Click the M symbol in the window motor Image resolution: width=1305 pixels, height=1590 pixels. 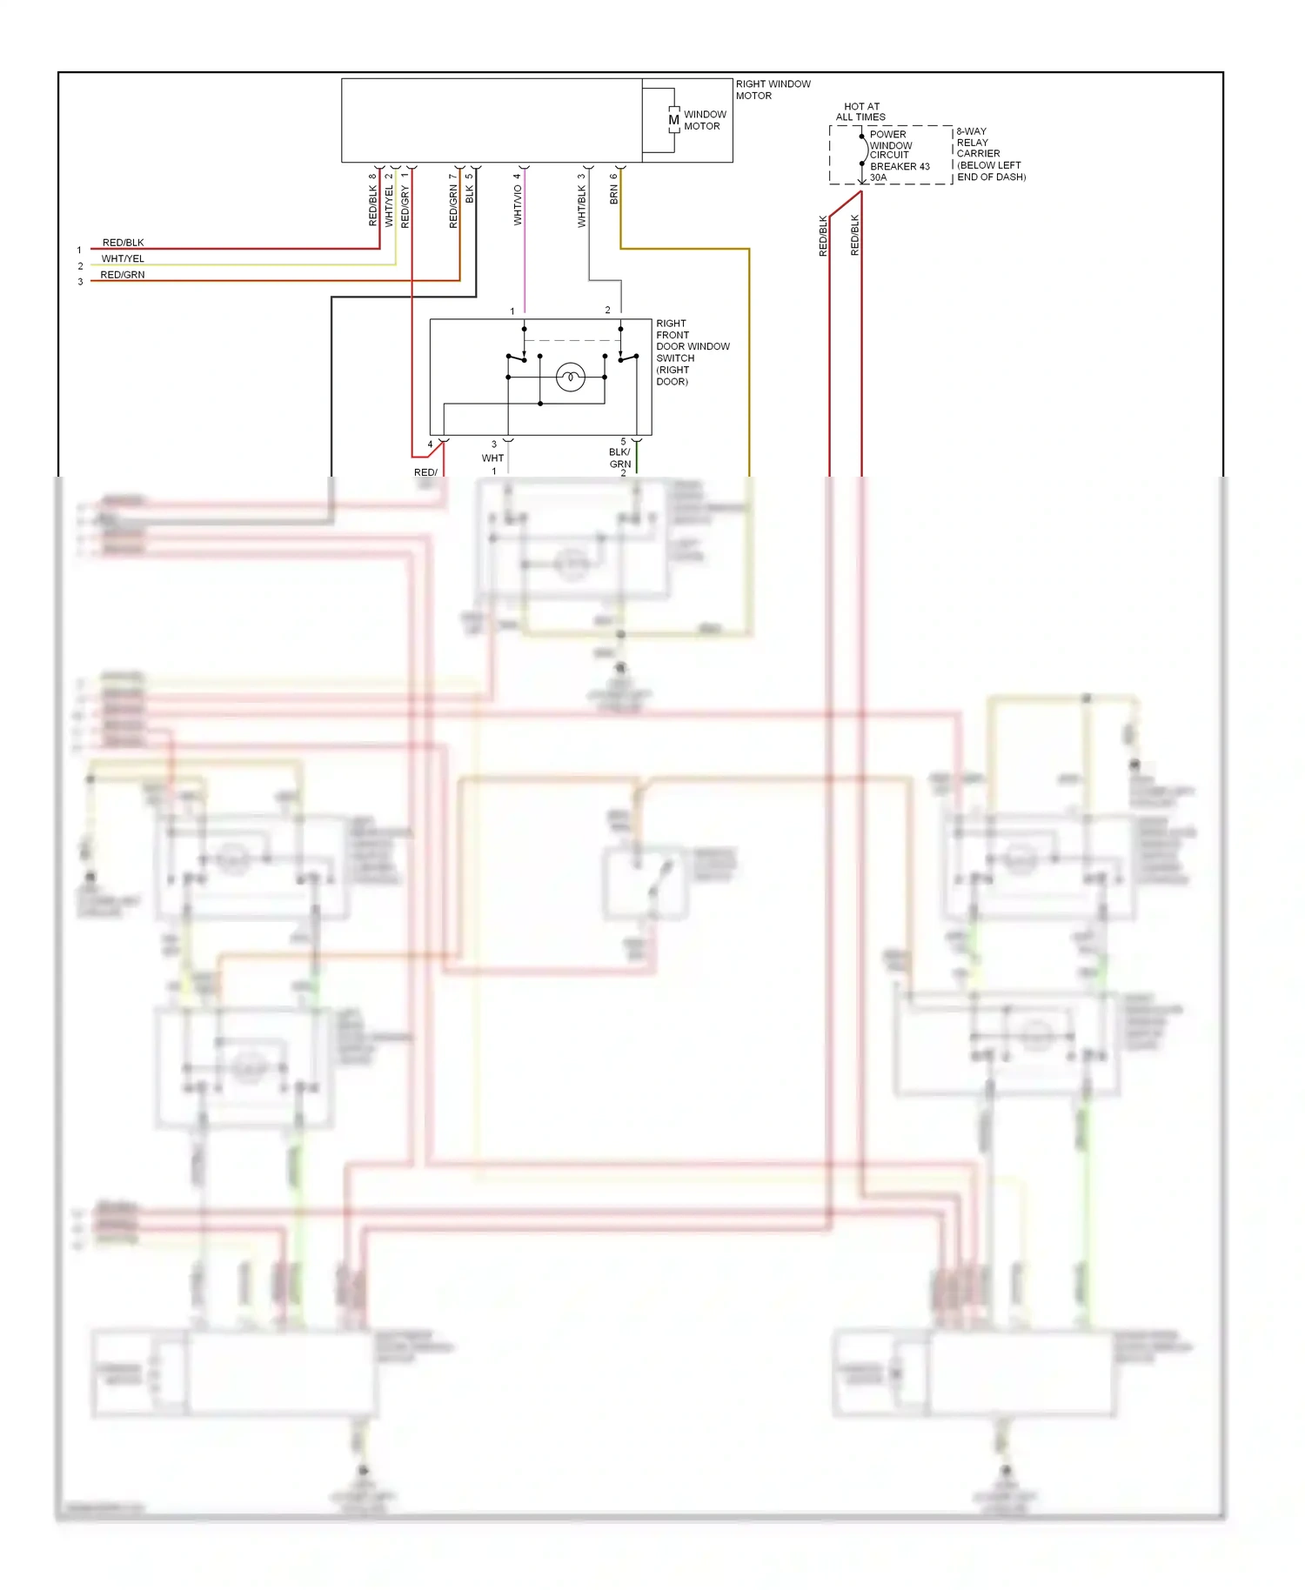pyautogui.click(x=673, y=120)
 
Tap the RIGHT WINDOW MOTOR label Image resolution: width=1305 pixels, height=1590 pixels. pyautogui.click(x=773, y=90)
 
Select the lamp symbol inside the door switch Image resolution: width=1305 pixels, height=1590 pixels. pyautogui.click(x=571, y=377)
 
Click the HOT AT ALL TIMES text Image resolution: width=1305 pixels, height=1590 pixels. pyautogui.click(x=860, y=111)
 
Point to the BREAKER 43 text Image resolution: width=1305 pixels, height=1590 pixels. pyautogui.click(x=900, y=166)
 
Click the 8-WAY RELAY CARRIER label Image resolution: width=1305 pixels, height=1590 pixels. pyautogui.click(x=989, y=154)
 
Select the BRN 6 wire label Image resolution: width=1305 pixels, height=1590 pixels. pyautogui.click(x=614, y=190)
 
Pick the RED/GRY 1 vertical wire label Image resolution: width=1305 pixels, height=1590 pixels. pyautogui.click(x=405, y=201)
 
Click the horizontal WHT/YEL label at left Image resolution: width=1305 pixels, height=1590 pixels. pyautogui.click(x=123, y=258)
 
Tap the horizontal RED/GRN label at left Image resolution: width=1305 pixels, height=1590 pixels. pyautogui.click(x=123, y=275)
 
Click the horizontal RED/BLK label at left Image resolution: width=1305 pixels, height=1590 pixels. pyautogui.click(x=123, y=243)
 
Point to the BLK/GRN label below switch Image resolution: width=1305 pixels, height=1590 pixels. pyautogui.click(x=619, y=458)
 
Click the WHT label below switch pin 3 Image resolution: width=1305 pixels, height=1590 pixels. pyautogui.click(x=492, y=458)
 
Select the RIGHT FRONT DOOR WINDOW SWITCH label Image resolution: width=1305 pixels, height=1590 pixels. pyautogui.click(x=692, y=352)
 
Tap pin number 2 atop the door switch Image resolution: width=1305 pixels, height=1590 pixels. pyautogui.click(x=607, y=310)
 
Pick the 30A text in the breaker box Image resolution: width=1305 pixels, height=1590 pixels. pyautogui.click(x=879, y=177)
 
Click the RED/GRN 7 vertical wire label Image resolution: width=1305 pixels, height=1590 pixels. pyautogui.click(x=453, y=202)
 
